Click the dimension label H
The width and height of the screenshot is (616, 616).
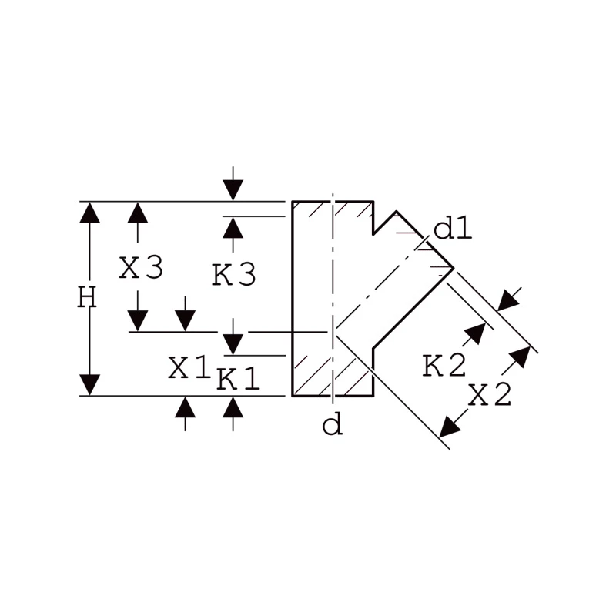click(87, 297)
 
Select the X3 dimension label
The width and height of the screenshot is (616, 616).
click(141, 268)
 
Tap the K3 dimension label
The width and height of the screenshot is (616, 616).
click(234, 274)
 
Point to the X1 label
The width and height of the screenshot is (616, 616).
click(189, 367)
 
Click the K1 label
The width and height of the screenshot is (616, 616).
click(239, 378)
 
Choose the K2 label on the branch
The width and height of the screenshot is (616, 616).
click(444, 366)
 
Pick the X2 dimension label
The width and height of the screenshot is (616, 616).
click(490, 394)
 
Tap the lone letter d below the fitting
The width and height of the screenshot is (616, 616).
click(333, 425)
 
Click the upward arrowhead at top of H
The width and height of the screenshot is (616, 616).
click(89, 213)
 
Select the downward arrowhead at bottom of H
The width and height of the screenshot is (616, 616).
click(89, 385)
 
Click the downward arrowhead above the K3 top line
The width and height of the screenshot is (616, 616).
click(233, 190)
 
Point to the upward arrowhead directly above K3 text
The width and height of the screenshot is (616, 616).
click(233, 227)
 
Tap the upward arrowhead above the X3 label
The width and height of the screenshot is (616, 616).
click(138, 213)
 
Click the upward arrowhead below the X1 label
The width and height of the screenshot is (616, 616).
click(185, 407)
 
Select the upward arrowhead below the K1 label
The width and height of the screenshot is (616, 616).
click(233, 407)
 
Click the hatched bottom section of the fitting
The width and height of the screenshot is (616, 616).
click(333, 376)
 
